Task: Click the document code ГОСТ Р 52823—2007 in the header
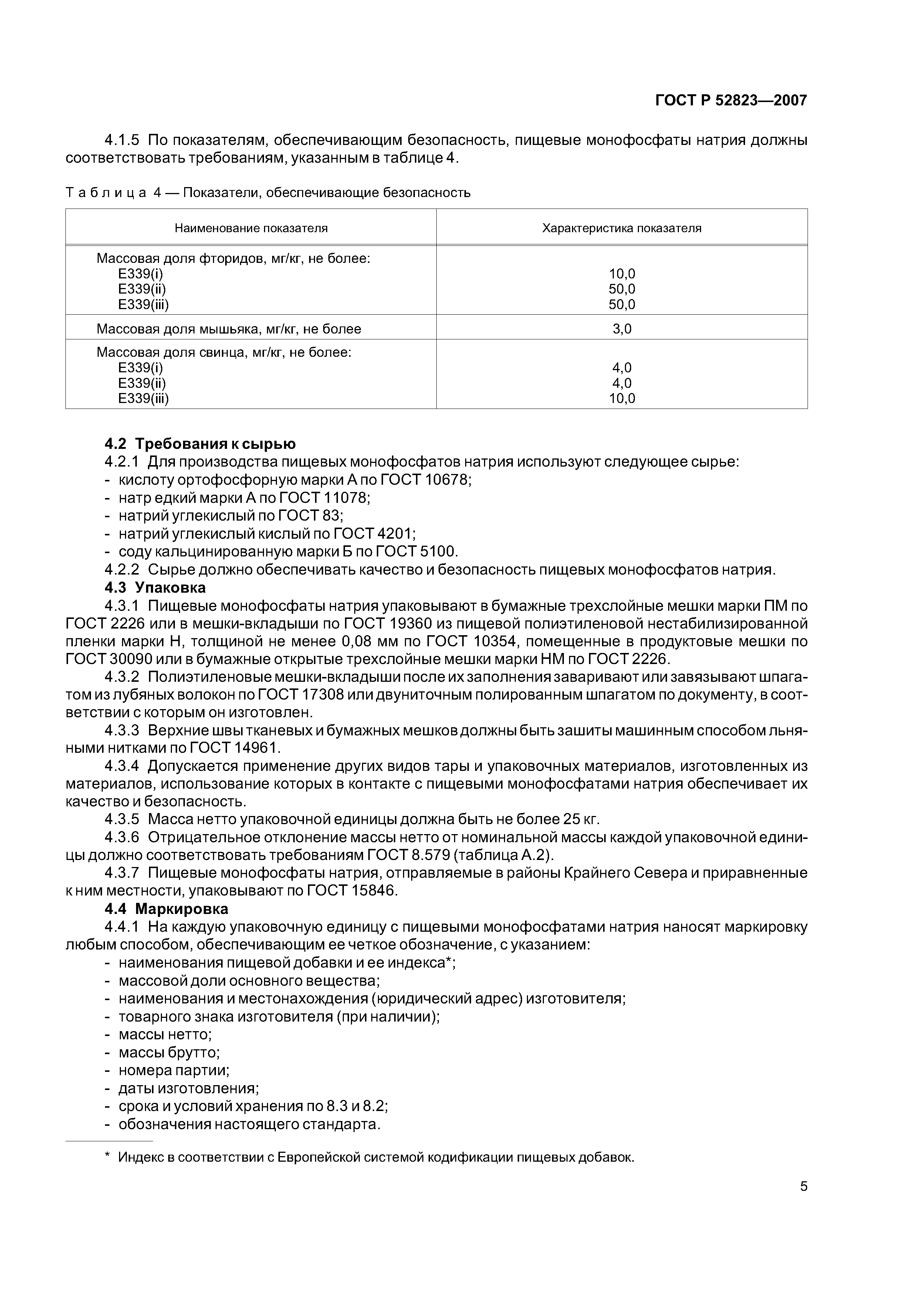[x=731, y=101]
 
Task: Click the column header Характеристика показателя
[x=622, y=228]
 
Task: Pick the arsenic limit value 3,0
[x=622, y=329]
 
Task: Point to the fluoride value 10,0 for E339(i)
[x=622, y=274]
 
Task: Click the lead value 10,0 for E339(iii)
[x=622, y=399]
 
